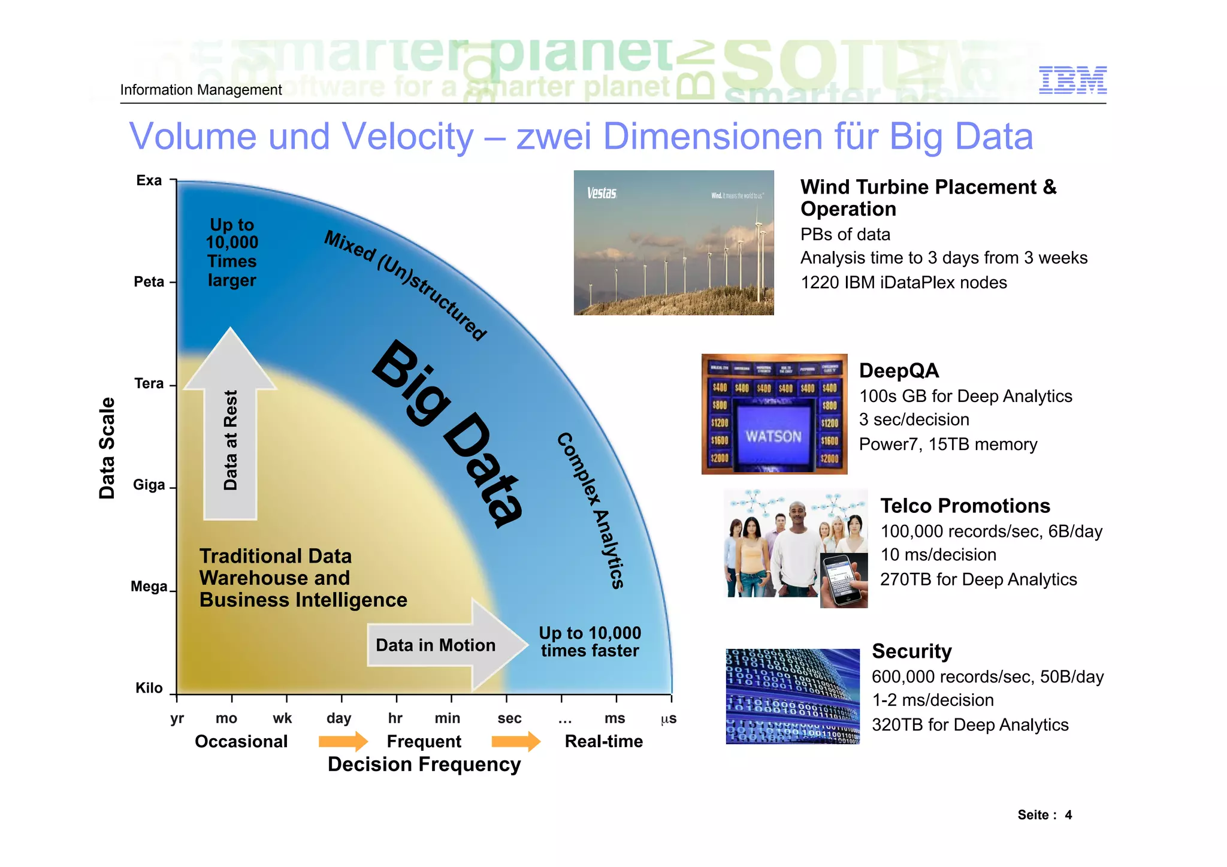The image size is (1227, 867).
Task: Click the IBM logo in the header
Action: tap(1072, 80)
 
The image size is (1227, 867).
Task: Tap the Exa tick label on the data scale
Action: tap(149, 180)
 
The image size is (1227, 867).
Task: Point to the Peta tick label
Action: tap(149, 282)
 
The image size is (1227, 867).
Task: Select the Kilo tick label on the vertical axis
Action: tap(149, 688)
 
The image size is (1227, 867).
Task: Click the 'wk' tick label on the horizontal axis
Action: tap(282, 718)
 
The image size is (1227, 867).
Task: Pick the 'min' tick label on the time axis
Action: tap(448, 718)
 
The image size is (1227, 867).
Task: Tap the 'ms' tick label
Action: tap(615, 718)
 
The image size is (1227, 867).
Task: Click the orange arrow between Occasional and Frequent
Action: tap(343, 741)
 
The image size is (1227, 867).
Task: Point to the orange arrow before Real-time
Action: tap(516, 741)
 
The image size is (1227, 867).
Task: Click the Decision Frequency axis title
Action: tap(424, 765)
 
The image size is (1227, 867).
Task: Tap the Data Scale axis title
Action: tap(107, 448)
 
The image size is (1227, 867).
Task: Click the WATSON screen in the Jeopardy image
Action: tap(773, 436)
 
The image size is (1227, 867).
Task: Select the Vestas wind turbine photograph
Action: tap(673, 243)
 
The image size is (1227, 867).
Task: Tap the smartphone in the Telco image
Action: tap(844, 580)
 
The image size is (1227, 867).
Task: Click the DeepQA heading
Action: tap(899, 371)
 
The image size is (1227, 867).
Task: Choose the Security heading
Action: tap(912, 651)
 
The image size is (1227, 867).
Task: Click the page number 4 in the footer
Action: tap(1068, 815)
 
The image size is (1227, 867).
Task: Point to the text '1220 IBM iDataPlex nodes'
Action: tap(903, 282)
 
